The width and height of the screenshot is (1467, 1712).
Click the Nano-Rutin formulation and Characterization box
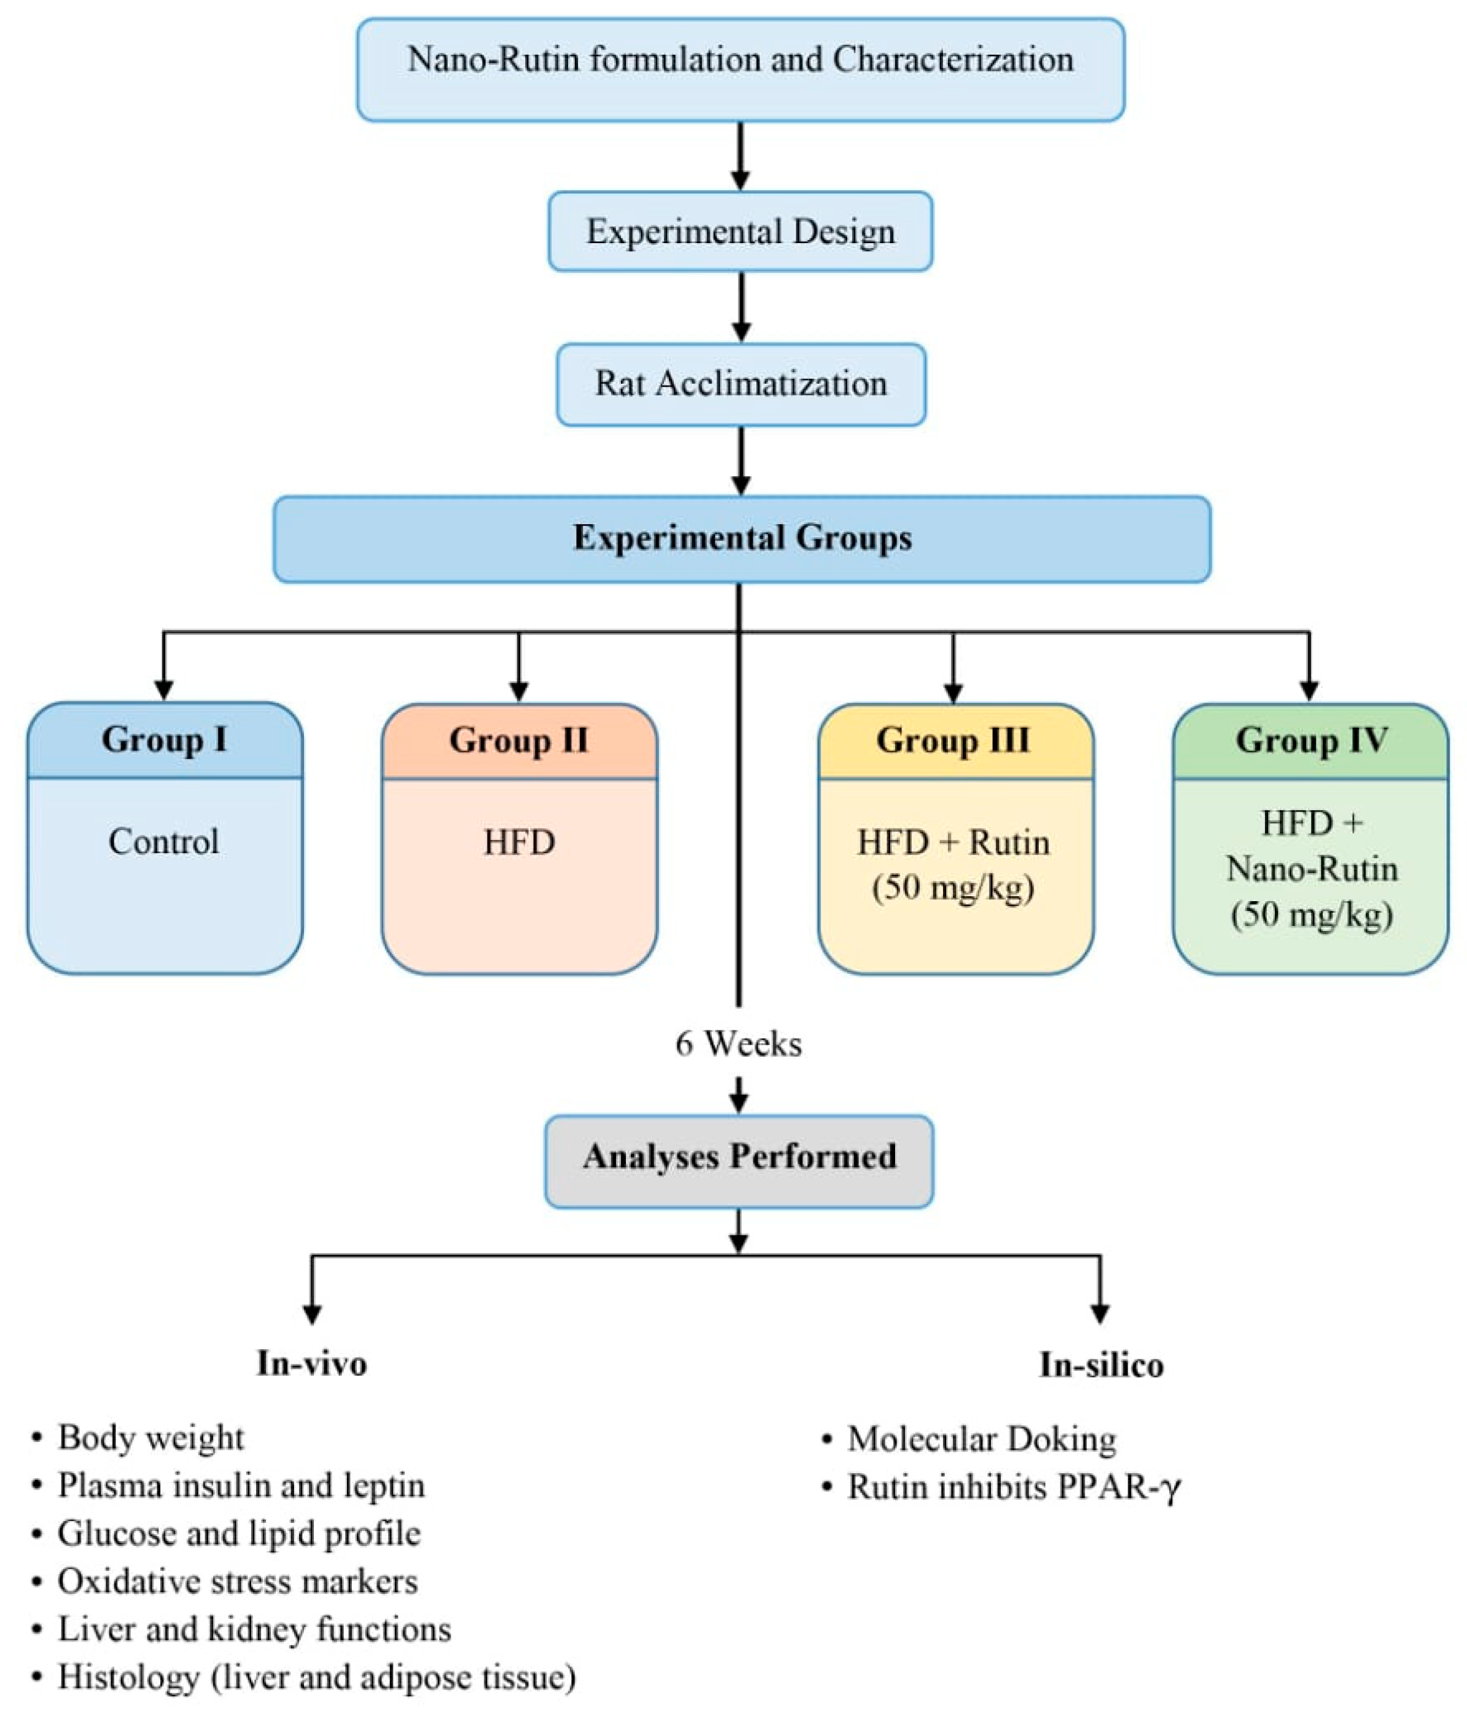pos(740,70)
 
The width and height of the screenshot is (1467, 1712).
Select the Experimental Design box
pos(740,231)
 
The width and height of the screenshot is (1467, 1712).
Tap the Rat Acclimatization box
pos(740,384)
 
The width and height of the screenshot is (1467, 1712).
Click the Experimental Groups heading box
pos(741,538)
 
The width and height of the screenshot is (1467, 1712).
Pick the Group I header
pos(164,739)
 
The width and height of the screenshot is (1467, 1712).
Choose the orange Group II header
pos(519,740)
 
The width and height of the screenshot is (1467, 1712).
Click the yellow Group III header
pos(954,740)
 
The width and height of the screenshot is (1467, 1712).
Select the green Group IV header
pos(1311,740)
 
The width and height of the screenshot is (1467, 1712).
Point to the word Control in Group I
pos(164,842)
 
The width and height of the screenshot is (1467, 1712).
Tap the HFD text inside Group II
pos(519,843)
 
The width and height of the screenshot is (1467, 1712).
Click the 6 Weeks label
pos(738,1043)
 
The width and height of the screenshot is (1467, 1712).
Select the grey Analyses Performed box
pos(738,1157)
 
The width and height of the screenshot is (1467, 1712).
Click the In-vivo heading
pos(311,1363)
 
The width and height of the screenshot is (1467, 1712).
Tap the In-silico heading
pos(1100,1365)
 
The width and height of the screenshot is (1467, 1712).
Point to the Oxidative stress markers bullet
pos(237,1581)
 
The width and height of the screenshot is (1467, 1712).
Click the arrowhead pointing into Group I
pos(163,689)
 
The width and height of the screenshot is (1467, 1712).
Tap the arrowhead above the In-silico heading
pos(1100,1313)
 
